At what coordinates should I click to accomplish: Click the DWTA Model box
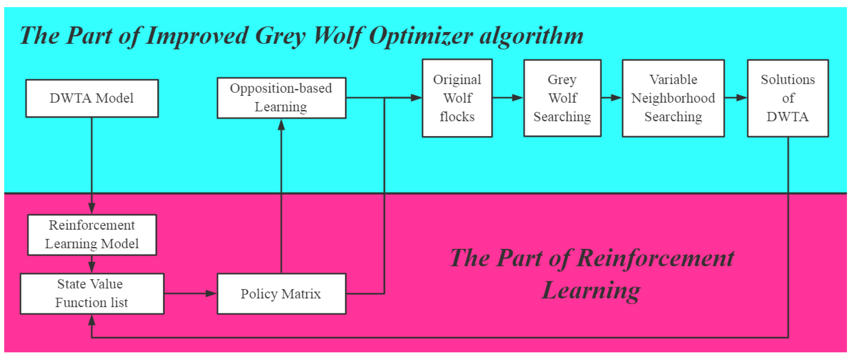coord(92,98)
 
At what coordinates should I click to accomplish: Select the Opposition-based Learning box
coord(282,98)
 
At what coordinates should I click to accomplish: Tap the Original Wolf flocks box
coord(457,98)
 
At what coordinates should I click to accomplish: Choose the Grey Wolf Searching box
coord(562,98)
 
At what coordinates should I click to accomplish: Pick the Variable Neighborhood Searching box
coord(673,98)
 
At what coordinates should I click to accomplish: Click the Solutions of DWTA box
coord(788,98)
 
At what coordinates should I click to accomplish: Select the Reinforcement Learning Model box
coord(92,235)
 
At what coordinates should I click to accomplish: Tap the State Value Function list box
coord(92,293)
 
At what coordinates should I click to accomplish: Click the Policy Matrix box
coord(282,293)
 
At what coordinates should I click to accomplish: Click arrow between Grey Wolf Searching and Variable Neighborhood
coord(611,97)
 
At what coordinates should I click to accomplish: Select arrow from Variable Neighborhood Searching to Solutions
coord(736,97)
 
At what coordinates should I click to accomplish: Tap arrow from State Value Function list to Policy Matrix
coord(190,293)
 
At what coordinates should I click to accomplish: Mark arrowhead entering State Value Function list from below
coord(92,320)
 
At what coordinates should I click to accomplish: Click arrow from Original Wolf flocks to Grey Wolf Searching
coord(508,97)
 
